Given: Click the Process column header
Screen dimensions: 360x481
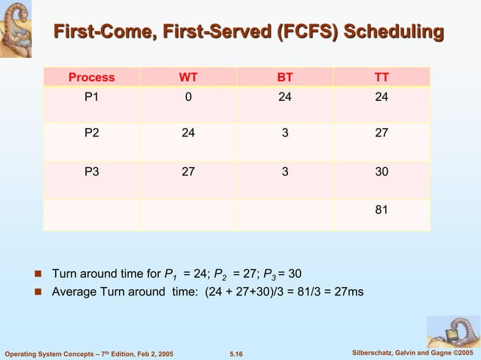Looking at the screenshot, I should click(x=91, y=77).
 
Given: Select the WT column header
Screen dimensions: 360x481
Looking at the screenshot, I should click(x=188, y=77).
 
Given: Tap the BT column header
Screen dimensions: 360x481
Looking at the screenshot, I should click(x=285, y=77).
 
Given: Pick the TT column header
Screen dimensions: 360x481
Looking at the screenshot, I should click(x=381, y=77).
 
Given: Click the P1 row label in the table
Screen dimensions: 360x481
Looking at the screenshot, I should click(x=91, y=96).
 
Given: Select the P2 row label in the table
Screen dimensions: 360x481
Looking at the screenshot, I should click(x=91, y=133).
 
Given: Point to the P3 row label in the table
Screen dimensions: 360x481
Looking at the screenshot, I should click(x=91, y=172).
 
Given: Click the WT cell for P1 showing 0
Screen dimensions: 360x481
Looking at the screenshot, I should click(x=188, y=96).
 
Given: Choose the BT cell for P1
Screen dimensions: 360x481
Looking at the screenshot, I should click(x=285, y=96).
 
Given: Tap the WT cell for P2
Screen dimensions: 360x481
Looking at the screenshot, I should click(x=188, y=133).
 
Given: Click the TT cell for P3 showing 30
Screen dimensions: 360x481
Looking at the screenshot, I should click(x=381, y=172).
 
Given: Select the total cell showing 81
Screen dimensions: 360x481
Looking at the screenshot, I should click(x=381, y=209).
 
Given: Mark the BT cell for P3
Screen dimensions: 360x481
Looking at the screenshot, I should click(x=285, y=172).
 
